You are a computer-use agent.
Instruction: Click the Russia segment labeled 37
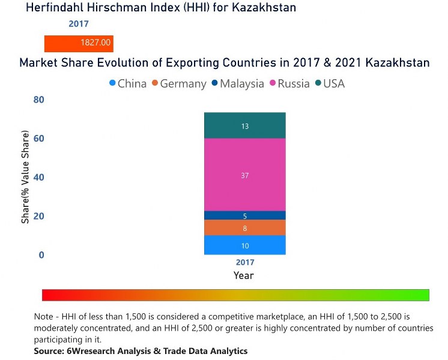point(244,175)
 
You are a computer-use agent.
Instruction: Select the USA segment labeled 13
point(244,126)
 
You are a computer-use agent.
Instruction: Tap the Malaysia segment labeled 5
point(244,216)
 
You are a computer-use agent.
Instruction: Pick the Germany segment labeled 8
point(244,228)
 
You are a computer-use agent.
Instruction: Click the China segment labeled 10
point(244,245)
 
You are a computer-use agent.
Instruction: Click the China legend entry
point(128,83)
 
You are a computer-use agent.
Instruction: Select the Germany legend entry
point(178,83)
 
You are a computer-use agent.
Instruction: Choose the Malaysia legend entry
point(237,83)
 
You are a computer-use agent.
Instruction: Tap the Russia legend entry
point(289,83)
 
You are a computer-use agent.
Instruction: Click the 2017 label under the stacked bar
point(245,262)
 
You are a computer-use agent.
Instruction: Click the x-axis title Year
point(244,276)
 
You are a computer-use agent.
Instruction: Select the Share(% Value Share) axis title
point(26,179)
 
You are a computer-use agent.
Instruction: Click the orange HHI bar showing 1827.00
point(79,43)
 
